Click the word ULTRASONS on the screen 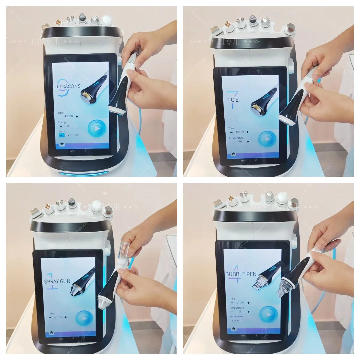[67, 86]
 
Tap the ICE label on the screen [233, 100]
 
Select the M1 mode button [62, 135]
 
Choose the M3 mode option [76, 135]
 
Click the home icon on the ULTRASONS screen [62, 144]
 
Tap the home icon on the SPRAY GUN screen [52, 332]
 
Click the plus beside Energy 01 [77, 126]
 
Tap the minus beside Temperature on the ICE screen [232, 142]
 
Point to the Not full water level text [236, 321]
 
